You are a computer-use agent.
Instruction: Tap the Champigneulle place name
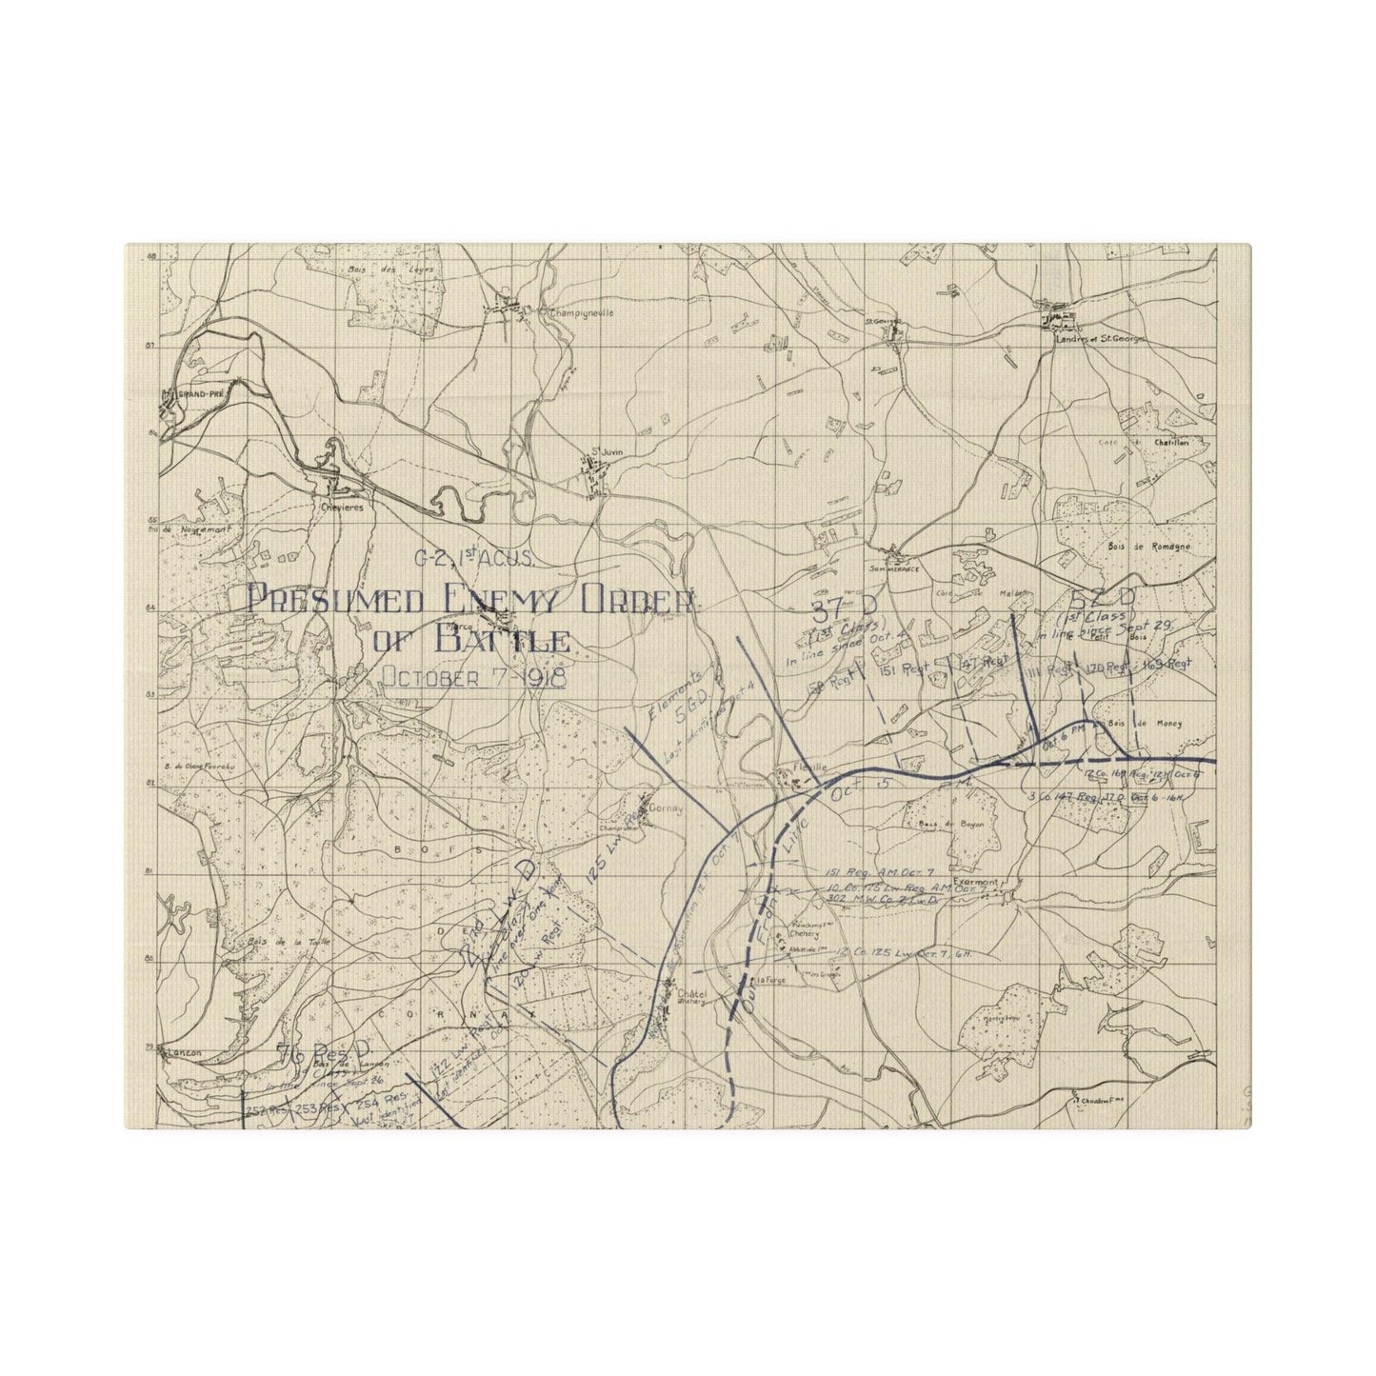pos(577,311)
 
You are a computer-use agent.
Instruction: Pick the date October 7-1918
pos(473,678)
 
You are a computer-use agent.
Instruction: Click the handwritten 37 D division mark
pos(832,609)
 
